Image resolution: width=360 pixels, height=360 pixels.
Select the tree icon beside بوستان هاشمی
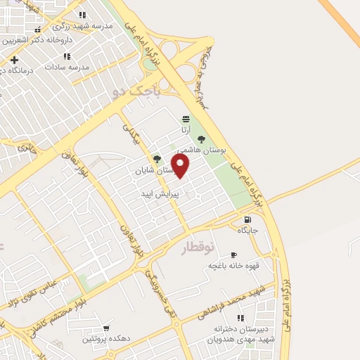point(202,139)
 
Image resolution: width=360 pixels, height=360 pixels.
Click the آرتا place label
point(185,130)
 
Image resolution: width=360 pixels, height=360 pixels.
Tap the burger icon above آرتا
point(185,118)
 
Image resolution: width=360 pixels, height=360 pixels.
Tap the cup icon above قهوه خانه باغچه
point(233,255)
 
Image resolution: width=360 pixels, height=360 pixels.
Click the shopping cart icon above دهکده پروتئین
point(106,328)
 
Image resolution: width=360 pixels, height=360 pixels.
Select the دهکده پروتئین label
point(106,338)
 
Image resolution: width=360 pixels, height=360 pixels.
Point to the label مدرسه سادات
point(67,67)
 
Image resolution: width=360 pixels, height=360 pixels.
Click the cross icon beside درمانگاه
point(14,60)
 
